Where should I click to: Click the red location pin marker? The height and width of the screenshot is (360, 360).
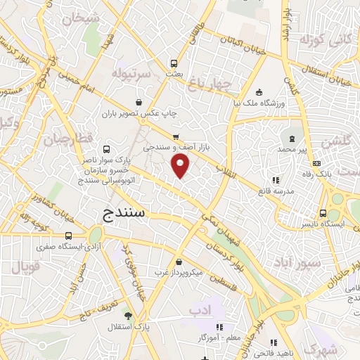click(181, 166)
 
